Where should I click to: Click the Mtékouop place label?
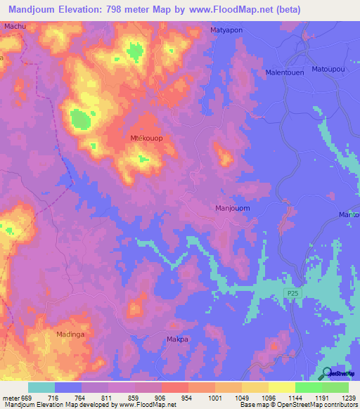tap(146, 138)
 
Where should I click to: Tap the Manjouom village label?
tap(232, 209)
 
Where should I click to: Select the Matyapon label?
tap(227, 30)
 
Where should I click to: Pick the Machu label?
tap(15, 27)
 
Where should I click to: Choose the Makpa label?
tap(177, 339)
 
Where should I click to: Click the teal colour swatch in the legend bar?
tap(41, 387)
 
